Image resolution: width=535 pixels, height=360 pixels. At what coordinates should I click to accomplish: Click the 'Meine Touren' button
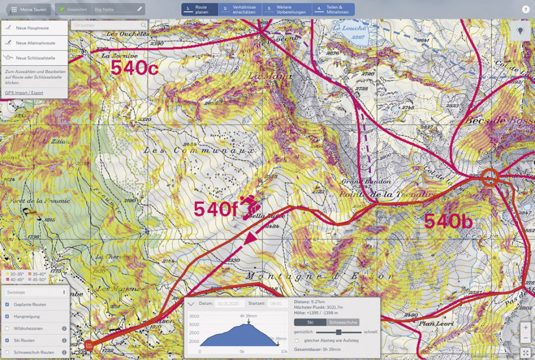pos(29,10)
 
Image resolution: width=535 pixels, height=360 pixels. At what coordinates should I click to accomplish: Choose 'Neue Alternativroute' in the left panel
pos(34,43)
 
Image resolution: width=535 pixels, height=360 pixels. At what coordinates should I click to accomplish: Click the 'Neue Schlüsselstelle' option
pos(34,58)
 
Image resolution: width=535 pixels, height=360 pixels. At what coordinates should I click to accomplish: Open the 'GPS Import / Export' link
pos(24,93)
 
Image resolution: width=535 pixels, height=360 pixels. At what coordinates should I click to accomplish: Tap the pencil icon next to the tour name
pos(139,10)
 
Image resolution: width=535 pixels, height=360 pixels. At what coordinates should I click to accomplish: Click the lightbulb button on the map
pos(520,31)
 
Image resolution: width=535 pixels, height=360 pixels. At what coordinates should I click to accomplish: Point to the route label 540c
pos(134,68)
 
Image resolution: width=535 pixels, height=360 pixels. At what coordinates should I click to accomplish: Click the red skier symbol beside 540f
pos(250,206)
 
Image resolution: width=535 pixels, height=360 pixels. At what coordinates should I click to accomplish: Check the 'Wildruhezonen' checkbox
pos(7,328)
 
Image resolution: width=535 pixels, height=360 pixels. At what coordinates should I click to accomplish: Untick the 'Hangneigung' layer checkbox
pos(7,316)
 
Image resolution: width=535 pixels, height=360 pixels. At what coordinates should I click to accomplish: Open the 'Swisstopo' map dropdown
pos(35,292)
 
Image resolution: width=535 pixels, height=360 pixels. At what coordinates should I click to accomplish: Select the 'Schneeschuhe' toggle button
pos(343,321)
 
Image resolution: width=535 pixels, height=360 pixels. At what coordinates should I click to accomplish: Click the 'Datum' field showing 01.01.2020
pos(228,304)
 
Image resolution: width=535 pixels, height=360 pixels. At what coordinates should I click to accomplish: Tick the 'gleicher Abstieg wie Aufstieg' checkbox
pos(297,340)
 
